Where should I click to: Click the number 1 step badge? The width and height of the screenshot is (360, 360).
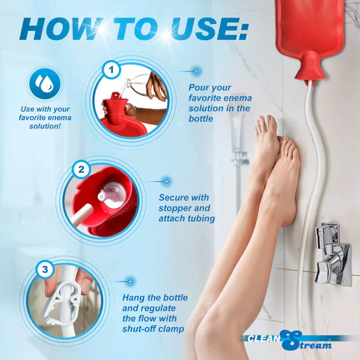(x=111, y=69)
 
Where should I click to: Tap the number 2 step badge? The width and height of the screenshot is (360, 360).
(x=81, y=170)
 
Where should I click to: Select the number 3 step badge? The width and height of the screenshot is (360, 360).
(x=45, y=269)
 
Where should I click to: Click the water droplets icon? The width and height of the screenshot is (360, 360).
(x=45, y=83)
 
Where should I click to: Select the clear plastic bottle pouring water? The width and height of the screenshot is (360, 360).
(x=142, y=85)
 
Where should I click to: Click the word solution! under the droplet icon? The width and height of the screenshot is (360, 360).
(x=45, y=126)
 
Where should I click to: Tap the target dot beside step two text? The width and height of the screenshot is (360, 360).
(x=167, y=181)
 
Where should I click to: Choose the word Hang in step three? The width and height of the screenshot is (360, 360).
(x=133, y=298)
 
